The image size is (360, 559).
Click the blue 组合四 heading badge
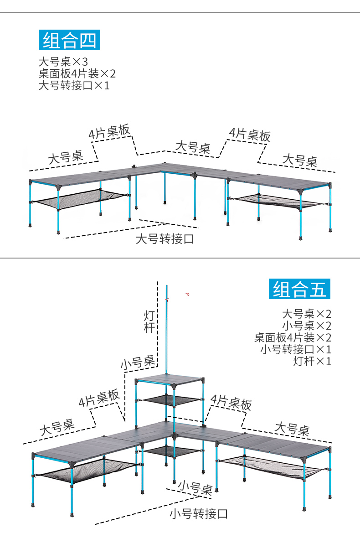[x=69, y=40]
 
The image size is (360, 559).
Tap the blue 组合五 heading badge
[x=300, y=289]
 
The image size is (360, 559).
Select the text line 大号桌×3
[x=63, y=62]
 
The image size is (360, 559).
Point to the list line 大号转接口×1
[x=74, y=85]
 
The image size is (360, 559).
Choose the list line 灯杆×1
[x=312, y=361]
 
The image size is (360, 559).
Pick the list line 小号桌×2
[x=306, y=326]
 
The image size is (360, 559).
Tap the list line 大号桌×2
[x=306, y=314]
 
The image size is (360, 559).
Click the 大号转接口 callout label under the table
[x=165, y=238]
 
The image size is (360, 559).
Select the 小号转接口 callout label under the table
[x=198, y=514]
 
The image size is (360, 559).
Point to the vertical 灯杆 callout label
[x=149, y=321]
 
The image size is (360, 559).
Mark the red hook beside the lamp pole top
[x=187, y=295]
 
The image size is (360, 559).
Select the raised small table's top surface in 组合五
[x=170, y=378]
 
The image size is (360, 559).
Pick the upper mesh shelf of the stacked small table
[x=170, y=400]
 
